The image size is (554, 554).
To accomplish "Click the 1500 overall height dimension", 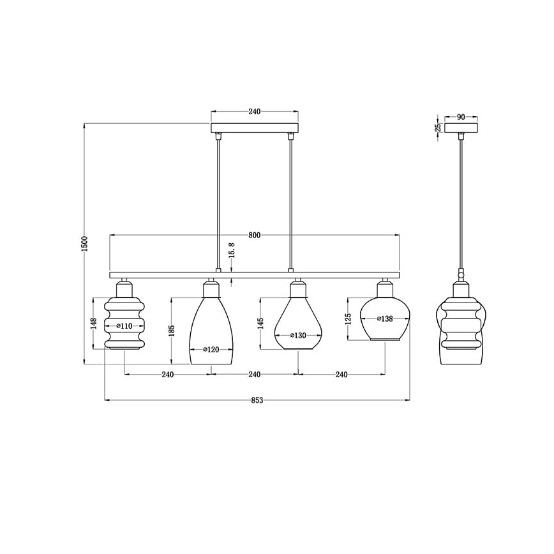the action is (x=84, y=243).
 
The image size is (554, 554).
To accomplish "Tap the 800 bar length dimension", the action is (x=255, y=236).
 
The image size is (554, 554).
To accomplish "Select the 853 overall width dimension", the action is (x=257, y=400).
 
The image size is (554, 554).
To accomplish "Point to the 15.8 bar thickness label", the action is (x=232, y=250).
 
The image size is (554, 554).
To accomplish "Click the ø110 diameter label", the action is (x=124, y=326).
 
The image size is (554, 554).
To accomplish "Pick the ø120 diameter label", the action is (x=211, y=350).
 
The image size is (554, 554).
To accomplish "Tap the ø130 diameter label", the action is (x=298, y=336).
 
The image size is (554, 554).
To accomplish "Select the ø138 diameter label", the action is (x=385, y=319).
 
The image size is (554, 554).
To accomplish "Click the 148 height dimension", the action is (x=94, y=324).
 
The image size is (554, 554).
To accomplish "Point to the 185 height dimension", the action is (x=172, y=331).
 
